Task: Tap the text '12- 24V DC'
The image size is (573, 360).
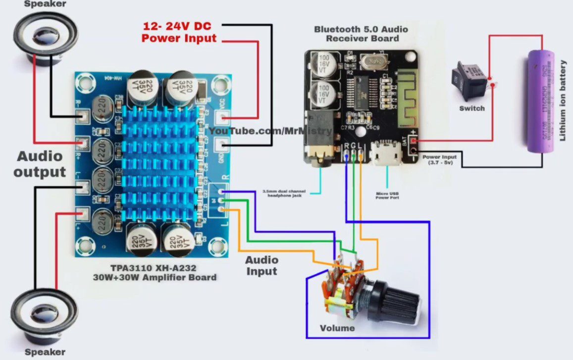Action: (179, 26)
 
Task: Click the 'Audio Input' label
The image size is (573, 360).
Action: (261, 265)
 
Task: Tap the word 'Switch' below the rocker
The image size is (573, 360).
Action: (472, 108)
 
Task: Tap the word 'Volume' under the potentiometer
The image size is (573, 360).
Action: (337, 328)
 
